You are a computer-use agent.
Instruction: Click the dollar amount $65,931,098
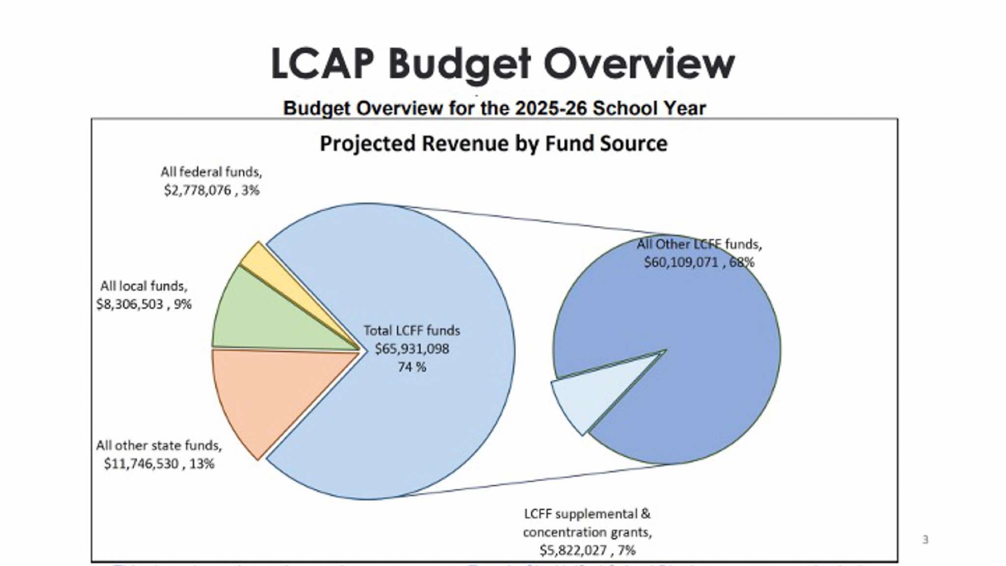pyautogui.click(x=412, y=349)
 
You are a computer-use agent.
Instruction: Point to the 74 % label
pyautogui.click(x=412, y=367)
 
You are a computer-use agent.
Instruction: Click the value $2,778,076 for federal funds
pyautogui.click(x=197, y=190)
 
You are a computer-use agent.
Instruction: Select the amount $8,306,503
pyautogui.click(x=130, y=304)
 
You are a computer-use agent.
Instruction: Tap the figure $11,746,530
pyautogui.click(x=141, y=464)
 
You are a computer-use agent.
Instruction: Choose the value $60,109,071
pyautogui.click(x=681, y=263)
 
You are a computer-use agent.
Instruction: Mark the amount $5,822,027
pyautogui.click(x=573, y=550)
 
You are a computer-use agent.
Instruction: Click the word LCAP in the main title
pyautogui.click(x=322, y=64)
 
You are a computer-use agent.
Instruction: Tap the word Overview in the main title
pyautogui.click(x=639, y=64)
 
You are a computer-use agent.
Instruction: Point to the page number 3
pyautogui.click(x=925, y=540)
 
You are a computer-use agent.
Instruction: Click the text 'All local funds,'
pyautogui.click(x=143, y=286)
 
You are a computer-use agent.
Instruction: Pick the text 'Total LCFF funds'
pyautogui.click(x=412, y=331)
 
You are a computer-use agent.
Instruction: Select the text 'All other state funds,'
pyautogui.click(x=159, y=446)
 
